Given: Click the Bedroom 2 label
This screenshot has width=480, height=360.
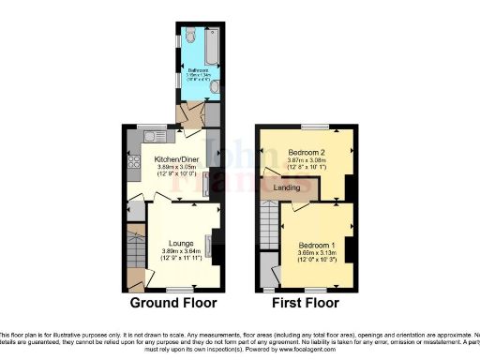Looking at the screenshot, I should [x=307, y=152].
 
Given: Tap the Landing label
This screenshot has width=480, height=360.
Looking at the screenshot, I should [x=286, y=188].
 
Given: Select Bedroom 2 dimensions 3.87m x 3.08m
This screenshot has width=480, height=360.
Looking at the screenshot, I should [x=307, y=160].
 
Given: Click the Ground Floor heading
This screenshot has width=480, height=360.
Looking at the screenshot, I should [x=173, y=304].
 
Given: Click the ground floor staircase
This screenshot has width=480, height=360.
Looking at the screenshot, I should [x=134, y=248].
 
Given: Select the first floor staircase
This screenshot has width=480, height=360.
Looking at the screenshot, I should [x=269, y=230].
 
